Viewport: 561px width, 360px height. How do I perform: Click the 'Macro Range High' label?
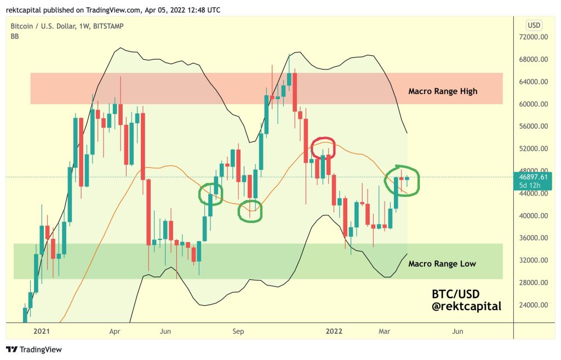tap(443, 91)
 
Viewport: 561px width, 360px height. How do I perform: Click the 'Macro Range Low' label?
tap(442, 264)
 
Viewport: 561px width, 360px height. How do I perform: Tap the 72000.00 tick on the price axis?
tap(535, 37)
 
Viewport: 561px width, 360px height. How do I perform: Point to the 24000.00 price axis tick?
tap(535, 305)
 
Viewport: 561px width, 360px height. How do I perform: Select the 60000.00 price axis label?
tap(535, 104)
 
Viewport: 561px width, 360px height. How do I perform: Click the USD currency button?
tap(533, 25)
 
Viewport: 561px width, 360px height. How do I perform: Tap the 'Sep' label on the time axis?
tap(238, 331)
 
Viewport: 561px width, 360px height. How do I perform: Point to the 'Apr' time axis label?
tap(115, 331)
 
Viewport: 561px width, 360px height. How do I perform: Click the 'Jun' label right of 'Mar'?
tap(457, 331)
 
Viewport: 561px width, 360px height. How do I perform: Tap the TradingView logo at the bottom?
tap(34, 350)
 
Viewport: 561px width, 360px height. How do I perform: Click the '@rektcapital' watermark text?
tap(467, 306)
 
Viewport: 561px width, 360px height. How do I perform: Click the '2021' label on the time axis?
tap(42, 331)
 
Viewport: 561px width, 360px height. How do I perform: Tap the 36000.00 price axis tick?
tap(535, 238)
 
